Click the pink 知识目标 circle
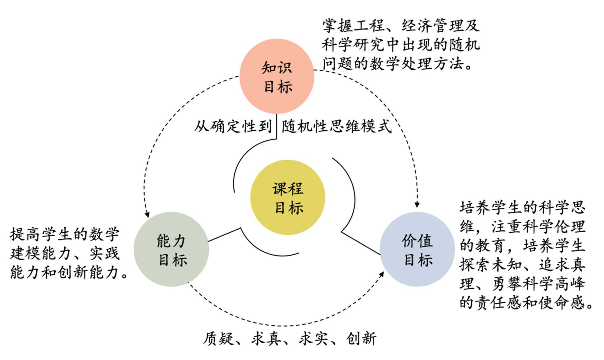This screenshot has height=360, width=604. click(x=277, y=76)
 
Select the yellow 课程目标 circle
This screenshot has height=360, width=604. click(x=288, y=197)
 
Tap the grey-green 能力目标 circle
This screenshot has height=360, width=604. click(x=171, y=249)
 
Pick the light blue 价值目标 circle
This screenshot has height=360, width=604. click(x=417, y=249)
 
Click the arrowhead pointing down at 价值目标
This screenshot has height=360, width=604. click(x=417, y=205)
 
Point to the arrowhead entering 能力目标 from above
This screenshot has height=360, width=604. click(x=147, y=215)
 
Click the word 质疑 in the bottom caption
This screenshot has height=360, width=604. click(x=218, y=338)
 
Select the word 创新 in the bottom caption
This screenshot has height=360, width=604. click(x=361, y=338)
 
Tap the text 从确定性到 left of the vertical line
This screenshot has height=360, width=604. click(x=233, y=126)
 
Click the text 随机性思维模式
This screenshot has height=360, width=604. click(x=336, y=126)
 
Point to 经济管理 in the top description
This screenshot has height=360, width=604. click(x=432, y=26)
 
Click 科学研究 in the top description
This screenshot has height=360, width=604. click(x=353, y=45)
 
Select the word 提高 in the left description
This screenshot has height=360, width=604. click(x=25, y=234)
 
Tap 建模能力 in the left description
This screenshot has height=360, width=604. click(x=41, y=253)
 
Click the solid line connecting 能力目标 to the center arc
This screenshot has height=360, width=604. click(x=224, y=235)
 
